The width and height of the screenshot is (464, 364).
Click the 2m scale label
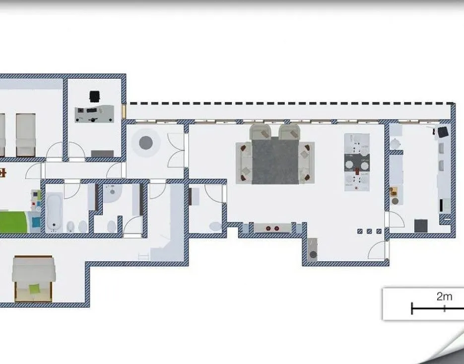pyautogui.click(x=444, y=296)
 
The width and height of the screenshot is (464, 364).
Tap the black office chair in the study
pyautogui.click(x=94, y=96)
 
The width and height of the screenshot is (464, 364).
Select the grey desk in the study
pyautogui.click(x=94, y=114)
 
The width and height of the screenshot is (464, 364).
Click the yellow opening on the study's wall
pyautogui.click(x=124, y=111)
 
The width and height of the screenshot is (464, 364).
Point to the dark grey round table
pyautogui.click(x=146, y=143)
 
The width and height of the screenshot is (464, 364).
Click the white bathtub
pyautogui.click(x=54, y=212)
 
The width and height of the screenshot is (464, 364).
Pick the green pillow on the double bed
pyautogui.click(x=34, y=288)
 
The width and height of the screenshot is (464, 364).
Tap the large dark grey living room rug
pyautogui.click(x=275, y=161)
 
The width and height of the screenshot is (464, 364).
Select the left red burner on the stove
pyautogui.click(x=268, y=228)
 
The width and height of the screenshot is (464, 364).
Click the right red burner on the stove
pyautogui.click(x=277, y=228)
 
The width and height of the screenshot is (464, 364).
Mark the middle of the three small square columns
pyautogui.click(x=369, y=231)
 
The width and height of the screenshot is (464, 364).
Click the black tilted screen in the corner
pyautogui.click(x=443, y=132)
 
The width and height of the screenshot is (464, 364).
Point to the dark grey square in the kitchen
pyautogui.click(x=421, y=226)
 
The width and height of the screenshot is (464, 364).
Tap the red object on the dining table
pyautogui.click(x=357, y=171)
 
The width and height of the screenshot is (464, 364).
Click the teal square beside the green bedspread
pyautogui.click(x=36, y=222)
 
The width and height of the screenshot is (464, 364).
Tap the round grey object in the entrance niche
pyautogui.click(x=313, y=255)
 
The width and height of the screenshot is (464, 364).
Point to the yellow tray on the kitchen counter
pyautogui.click(x=394, y=191)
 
